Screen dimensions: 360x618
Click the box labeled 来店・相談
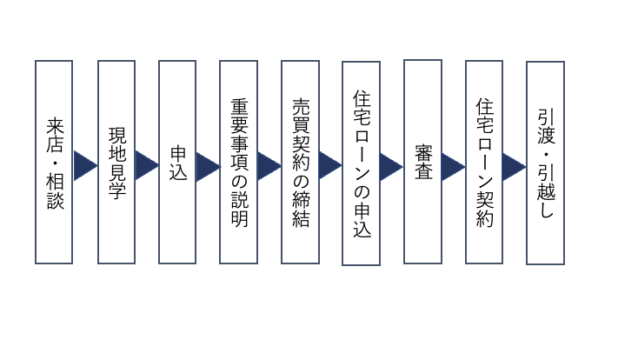[54, 162]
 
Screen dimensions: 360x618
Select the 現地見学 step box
[116, 162]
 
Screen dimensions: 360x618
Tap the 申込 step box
[177, 162]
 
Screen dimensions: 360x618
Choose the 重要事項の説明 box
[239, 162]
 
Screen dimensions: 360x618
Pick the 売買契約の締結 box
[300, 162]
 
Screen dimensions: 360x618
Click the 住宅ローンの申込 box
[362, 163]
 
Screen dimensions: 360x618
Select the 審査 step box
[423, 162]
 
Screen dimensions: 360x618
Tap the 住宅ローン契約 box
[484, 162]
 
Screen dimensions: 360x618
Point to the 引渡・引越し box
[545, 163]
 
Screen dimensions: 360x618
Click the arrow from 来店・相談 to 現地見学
[84, 165]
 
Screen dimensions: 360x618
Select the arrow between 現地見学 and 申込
[146, 165]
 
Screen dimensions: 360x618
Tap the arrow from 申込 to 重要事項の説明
[208, 165]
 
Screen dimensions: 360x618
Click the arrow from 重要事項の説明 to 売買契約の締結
[269, 165]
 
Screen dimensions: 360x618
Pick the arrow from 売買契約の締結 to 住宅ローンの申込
[330, 165]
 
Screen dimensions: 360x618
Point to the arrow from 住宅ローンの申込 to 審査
[392, 165]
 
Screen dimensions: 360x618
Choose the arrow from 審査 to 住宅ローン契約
[454, 165]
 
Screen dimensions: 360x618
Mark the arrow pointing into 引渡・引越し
[515, 165]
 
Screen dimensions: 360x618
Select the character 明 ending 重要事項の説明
[239, 217]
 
